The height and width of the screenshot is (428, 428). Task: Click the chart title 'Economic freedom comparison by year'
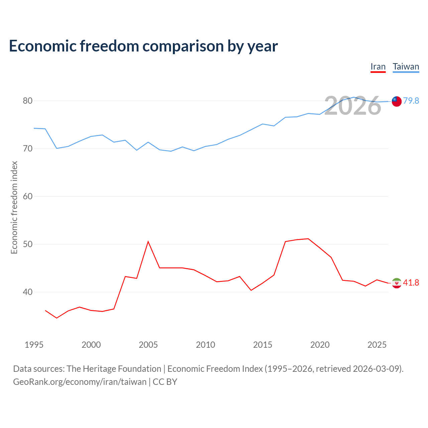pos(143,46)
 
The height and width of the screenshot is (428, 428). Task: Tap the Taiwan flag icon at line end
pos(397,102)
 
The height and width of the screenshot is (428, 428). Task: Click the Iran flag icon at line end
pos(397,283)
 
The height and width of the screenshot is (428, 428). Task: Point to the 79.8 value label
pos(411,101)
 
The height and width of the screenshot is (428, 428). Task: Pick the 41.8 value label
pos(411,283)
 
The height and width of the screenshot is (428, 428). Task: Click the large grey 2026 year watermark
pos(352,105)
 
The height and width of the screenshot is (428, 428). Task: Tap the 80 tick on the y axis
pos(27,101)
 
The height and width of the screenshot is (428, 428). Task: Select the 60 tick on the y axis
pos(27,196)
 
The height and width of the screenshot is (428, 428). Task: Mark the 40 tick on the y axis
pos(27,292)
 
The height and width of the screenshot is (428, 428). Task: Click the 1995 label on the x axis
pos(34,345)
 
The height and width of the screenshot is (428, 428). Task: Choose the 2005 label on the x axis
pos(148,345)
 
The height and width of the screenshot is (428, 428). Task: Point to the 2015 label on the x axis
pos(262,345)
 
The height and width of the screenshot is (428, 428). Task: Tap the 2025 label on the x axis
pos(377,345)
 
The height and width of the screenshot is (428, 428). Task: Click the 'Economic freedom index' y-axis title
pos(14,207)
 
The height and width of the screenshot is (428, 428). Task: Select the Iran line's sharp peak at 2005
pos(148,241)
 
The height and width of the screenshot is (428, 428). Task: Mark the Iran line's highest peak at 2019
pos(308,239)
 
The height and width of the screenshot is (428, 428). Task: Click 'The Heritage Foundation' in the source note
pos(114,369)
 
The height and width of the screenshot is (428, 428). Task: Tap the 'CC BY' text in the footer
pos(165,382)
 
